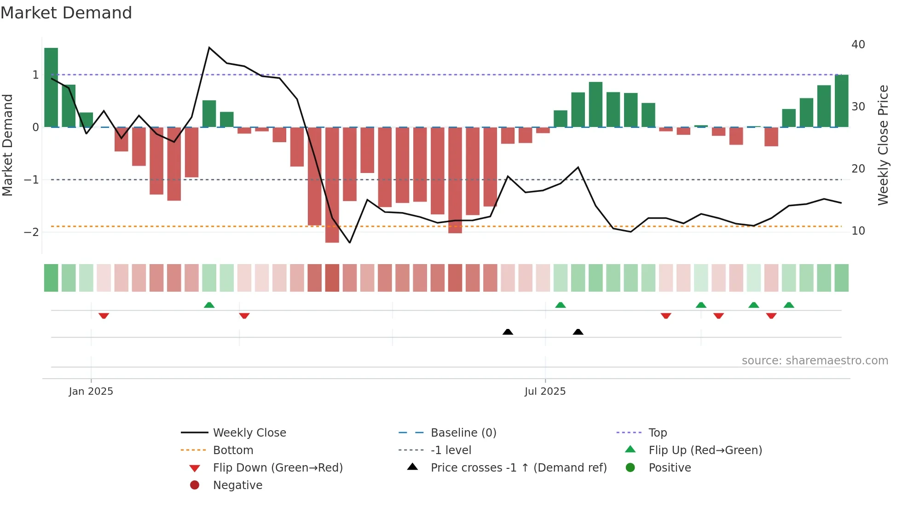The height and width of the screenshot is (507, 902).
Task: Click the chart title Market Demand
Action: click(66, 13)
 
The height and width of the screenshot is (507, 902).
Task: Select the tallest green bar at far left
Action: click(51, 87)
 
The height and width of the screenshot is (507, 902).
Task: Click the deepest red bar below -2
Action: click(332, 184)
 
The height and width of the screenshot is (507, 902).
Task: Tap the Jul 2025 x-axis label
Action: click(545, 392)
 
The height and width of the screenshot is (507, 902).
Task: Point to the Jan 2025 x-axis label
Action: click(91, 392)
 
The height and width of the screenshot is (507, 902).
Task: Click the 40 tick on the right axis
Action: click(858, 45)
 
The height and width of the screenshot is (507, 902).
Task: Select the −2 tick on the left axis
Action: click(31, 232)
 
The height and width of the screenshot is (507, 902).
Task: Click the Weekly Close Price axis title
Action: click(883, 145)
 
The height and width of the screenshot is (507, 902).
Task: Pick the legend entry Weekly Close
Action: click(249, 433)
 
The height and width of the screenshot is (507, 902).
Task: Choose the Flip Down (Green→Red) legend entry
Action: click(278, 468)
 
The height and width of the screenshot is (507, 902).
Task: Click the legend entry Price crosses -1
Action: click(518, 468)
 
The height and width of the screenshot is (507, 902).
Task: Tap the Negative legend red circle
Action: click(195, 485)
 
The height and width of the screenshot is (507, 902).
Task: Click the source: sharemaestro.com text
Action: click(815, 361)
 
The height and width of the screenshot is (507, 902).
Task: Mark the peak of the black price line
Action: click(209, 48)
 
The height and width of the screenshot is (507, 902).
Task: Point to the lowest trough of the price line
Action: click(350, 242)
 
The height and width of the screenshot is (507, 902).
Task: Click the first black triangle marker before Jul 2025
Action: click(508, 332)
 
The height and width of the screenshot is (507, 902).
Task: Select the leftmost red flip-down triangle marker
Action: click(104, 316)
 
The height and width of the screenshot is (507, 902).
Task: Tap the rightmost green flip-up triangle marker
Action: click(789, 305)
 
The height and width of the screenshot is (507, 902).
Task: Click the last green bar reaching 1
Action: click(841, 101)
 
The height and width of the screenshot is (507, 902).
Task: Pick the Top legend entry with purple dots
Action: click(657, 433)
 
